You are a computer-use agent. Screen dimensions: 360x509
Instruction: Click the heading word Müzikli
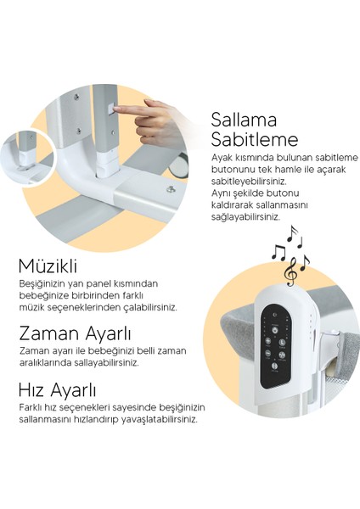(x=48, y=266)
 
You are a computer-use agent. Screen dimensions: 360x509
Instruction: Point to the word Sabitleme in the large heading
(x=255, y=140)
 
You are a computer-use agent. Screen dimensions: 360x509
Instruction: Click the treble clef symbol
(x=290, y=271)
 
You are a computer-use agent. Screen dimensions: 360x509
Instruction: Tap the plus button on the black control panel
(x=268, y=341)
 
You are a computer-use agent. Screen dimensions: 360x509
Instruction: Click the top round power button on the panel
(x=275, y=330)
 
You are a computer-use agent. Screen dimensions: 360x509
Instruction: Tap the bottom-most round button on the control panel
(x=274, y=366)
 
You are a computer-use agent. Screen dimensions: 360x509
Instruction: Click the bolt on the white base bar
(x=170, y=189)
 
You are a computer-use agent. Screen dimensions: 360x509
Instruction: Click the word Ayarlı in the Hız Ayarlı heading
(x=73, y=389)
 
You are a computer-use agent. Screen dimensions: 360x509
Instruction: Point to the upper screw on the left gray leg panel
(x=76, y=96)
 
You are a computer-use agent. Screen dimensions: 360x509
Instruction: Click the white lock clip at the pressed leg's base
(x=106, y=164)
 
